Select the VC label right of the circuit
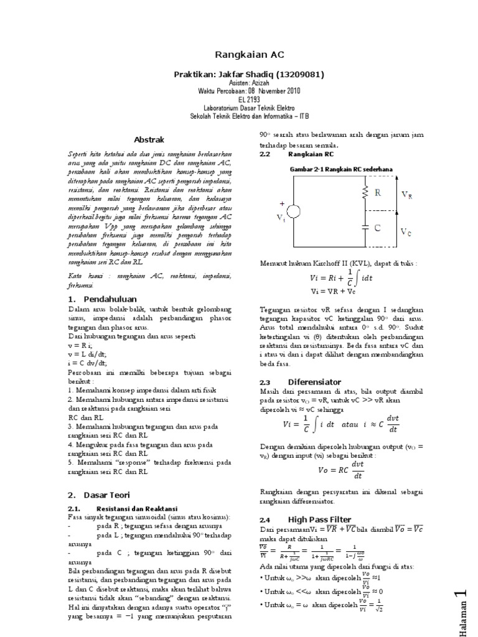tap(406, 232)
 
